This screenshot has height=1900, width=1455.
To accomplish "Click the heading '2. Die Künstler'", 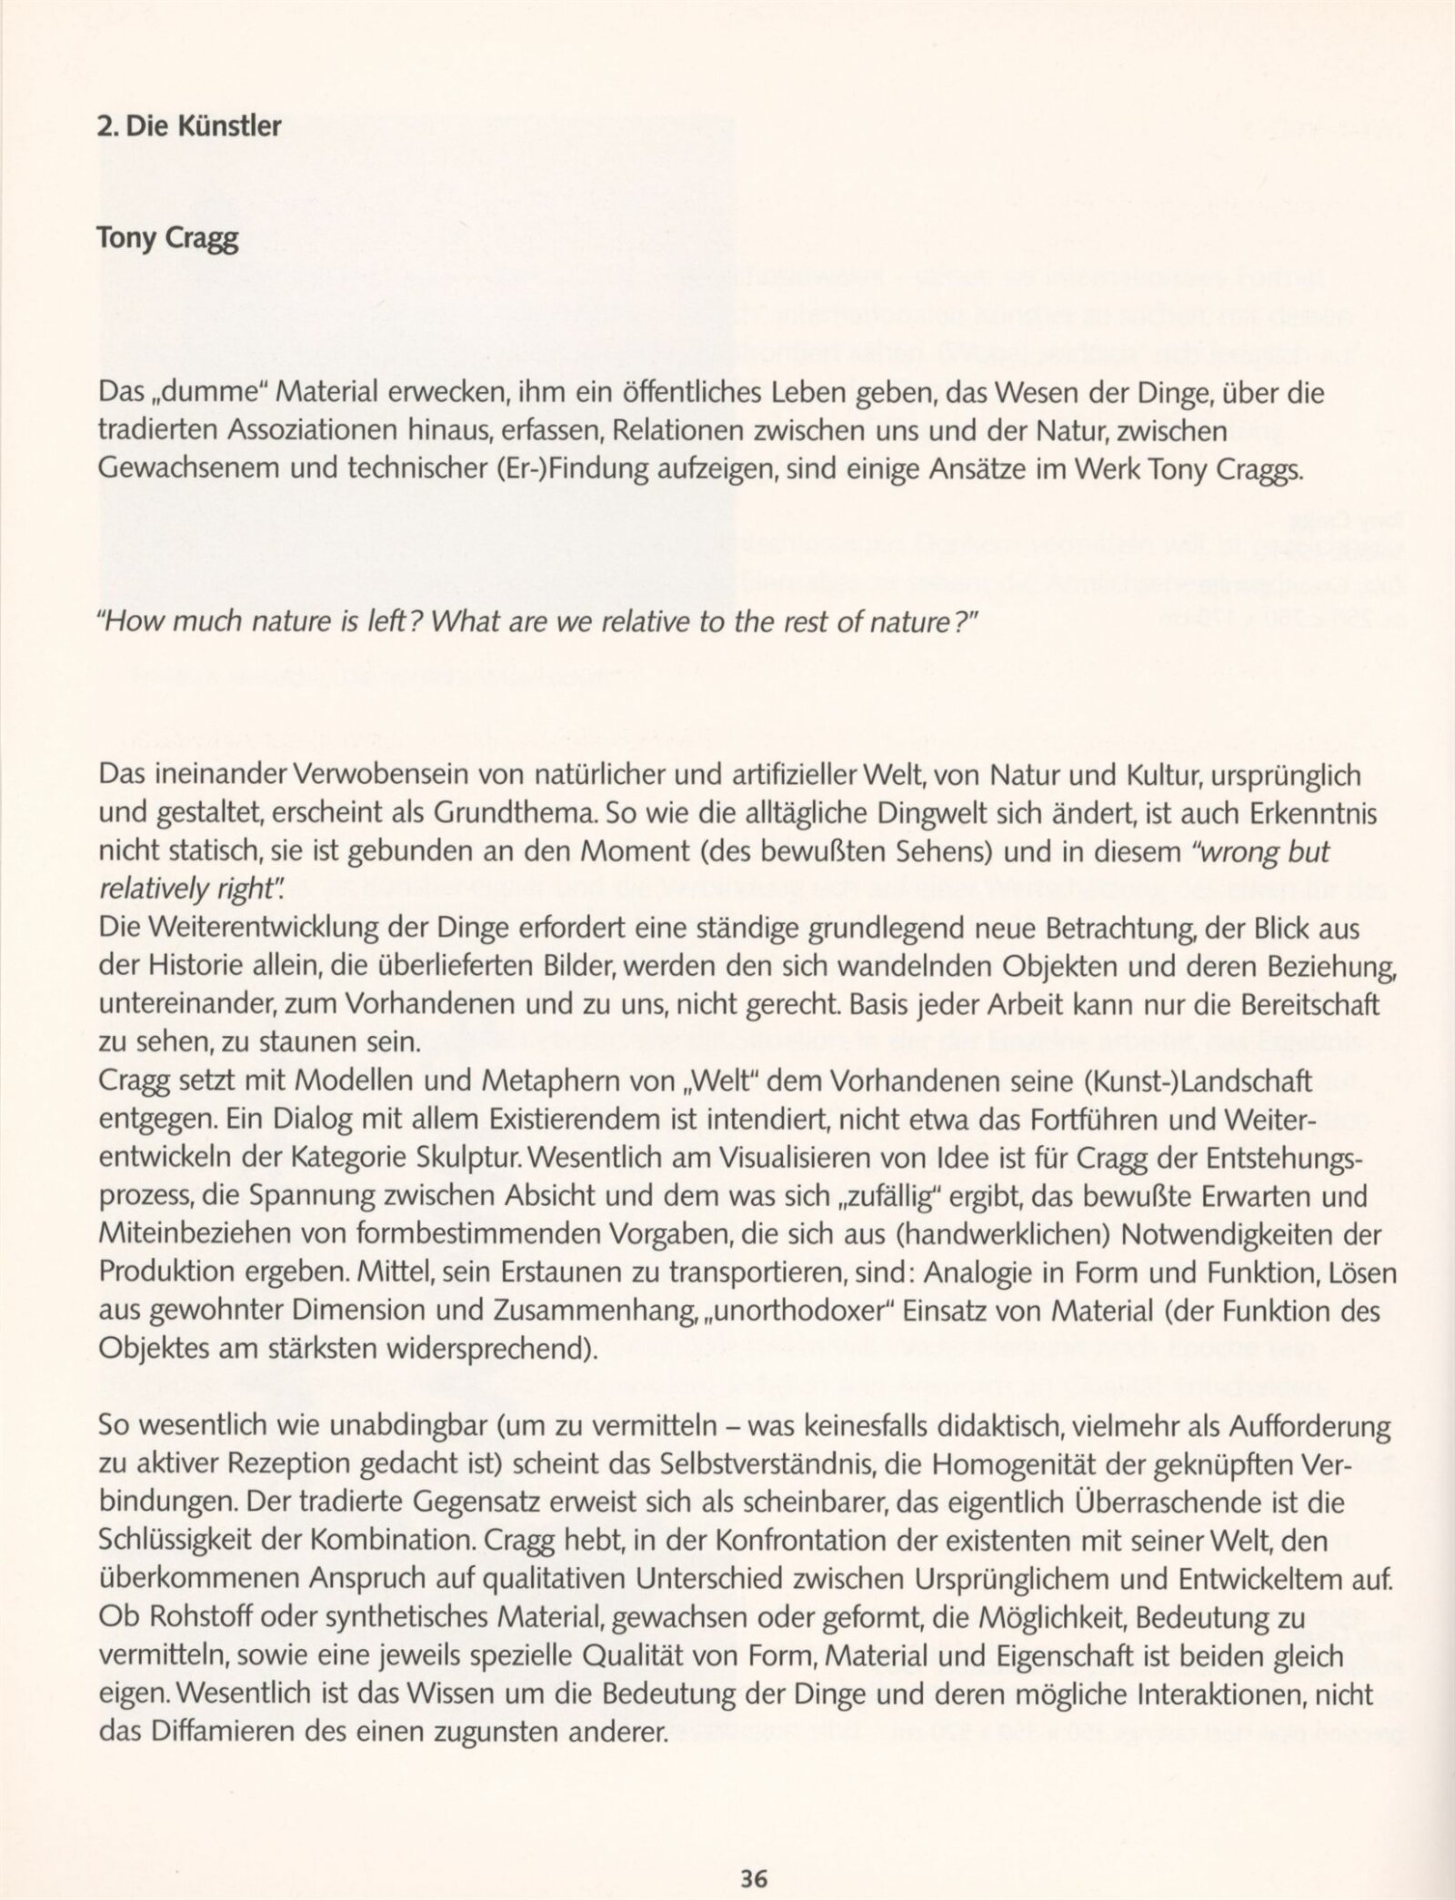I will tap(189, 126).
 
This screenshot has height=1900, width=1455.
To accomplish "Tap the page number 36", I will tap(755, 1852).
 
